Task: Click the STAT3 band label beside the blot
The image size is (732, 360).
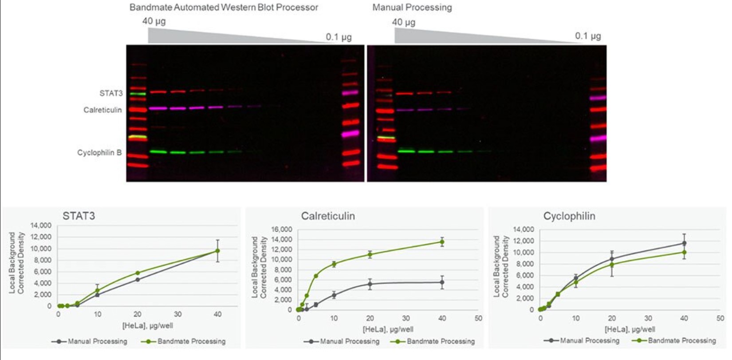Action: point(111,93)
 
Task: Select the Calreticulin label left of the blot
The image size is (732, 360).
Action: point(102,110)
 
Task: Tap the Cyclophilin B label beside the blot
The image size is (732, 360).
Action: point(99,153)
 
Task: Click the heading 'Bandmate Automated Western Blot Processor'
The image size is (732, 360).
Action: point(224,8)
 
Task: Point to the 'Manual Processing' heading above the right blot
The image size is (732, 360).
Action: point(412,8)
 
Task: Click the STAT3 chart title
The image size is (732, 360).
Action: point(79,216)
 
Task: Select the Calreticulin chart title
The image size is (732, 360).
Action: point(328,216)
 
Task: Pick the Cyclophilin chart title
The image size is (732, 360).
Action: point(569,216)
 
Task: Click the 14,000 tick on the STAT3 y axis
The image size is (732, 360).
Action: point(41,225)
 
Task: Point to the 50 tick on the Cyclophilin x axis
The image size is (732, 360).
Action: point(720,318)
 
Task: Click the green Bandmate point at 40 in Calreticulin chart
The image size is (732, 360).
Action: point(442,242)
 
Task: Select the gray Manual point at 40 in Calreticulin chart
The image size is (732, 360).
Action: point(442,282)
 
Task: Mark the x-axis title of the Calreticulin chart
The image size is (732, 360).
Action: point(388,329)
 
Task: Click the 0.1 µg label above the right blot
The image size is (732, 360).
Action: point(588,36)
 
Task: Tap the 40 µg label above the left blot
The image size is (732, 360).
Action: point(154,21)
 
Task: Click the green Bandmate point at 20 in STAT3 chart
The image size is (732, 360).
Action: point(138,273)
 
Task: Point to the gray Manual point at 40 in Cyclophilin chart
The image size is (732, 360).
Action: point(684,243)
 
